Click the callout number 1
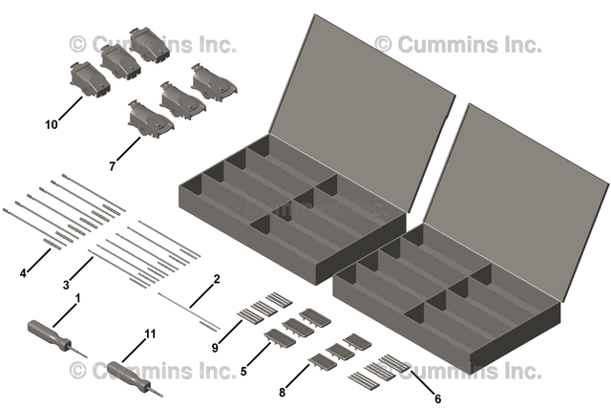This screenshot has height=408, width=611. point(77,298)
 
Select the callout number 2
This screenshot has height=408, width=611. point(217,279)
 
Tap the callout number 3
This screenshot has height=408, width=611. point(66,285)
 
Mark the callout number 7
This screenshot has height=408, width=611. point(113,166)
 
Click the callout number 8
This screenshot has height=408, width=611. point(284,391)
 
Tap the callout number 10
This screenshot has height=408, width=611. point(51,123)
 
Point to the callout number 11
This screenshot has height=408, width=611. point(149,333)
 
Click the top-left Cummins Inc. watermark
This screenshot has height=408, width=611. point(153,44)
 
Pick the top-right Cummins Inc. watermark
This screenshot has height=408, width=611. point(457,44)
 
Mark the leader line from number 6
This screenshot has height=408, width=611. point(423,385)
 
